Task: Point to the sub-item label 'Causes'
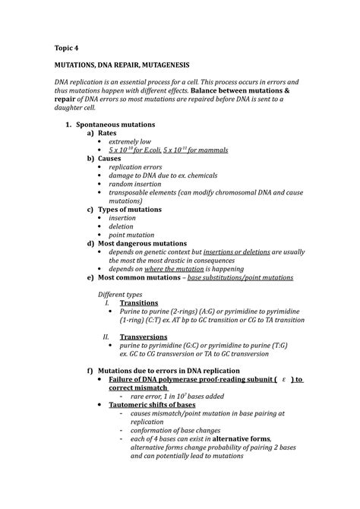[114, 159]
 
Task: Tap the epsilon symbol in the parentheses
[282, 379]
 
